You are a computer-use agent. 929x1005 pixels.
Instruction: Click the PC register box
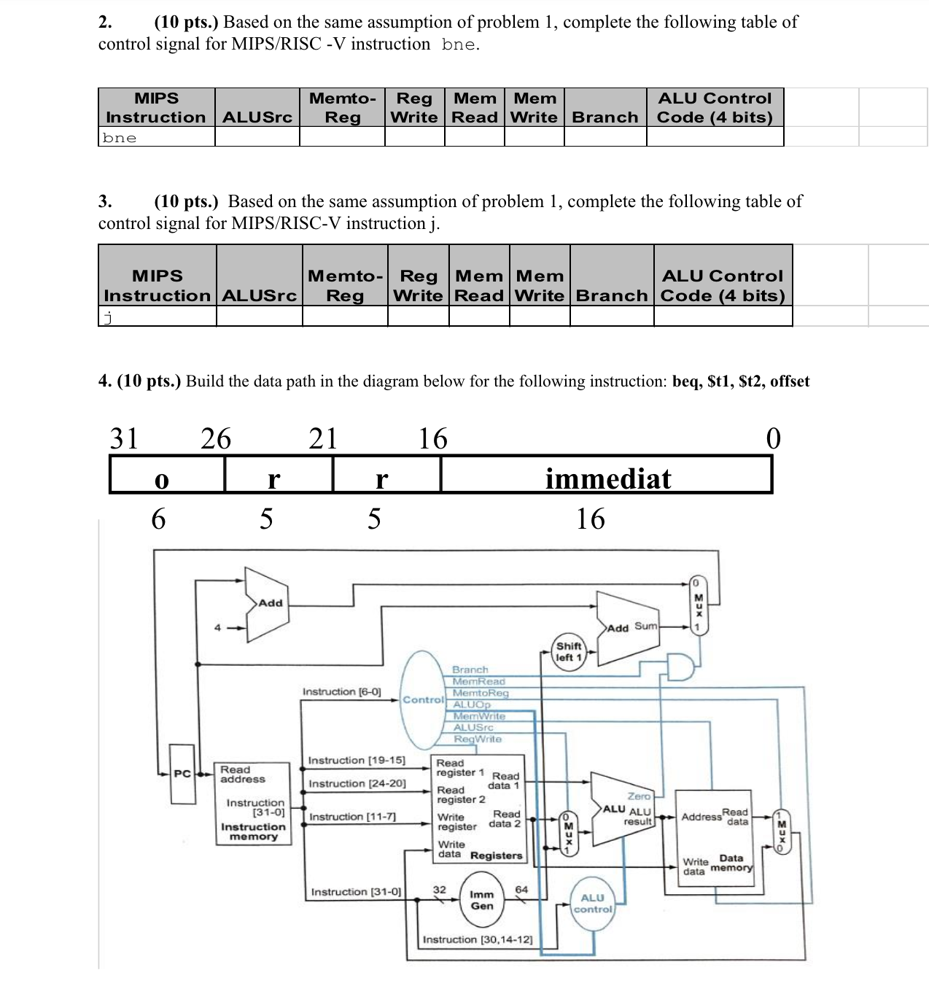182,774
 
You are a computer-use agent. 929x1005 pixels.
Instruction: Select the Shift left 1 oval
569,652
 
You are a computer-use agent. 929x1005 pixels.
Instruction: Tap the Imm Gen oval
481,900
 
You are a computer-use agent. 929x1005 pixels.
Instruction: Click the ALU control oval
593,904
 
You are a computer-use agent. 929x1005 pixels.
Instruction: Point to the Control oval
424,699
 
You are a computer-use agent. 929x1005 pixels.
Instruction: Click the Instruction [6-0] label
341,691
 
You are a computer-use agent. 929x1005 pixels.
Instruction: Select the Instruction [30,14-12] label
478,939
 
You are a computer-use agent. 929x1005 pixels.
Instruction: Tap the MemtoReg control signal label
481,693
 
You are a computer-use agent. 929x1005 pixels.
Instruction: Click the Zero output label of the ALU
638,796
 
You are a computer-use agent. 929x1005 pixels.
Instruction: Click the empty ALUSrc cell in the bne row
257,137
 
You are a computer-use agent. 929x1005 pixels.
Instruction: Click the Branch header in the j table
611,295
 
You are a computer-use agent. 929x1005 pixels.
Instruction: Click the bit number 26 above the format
216,438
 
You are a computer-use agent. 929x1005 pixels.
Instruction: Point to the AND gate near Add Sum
680,667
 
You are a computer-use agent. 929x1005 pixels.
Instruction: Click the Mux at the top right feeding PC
698,605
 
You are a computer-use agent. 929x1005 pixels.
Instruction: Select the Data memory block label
731,863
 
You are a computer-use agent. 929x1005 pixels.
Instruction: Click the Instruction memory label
253,831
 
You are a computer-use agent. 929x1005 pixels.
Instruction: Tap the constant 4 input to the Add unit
217,627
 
